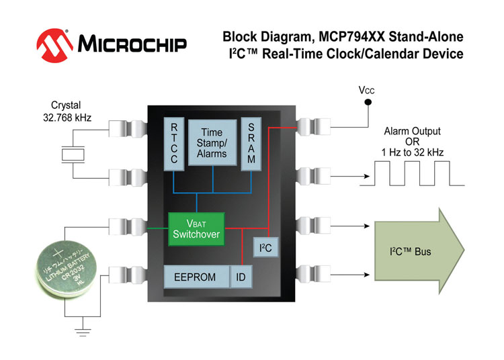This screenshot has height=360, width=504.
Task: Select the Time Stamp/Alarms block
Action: [x=212, y=142]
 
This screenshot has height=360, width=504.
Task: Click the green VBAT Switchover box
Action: [x=196, y=229]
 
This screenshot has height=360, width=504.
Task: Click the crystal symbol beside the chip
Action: [x=71, y=154]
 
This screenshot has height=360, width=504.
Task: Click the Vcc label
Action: [x=368, y=89]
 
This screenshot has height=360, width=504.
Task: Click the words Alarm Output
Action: [x=412, y=132]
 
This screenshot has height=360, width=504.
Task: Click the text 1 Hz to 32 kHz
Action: [x=412, y=153]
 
